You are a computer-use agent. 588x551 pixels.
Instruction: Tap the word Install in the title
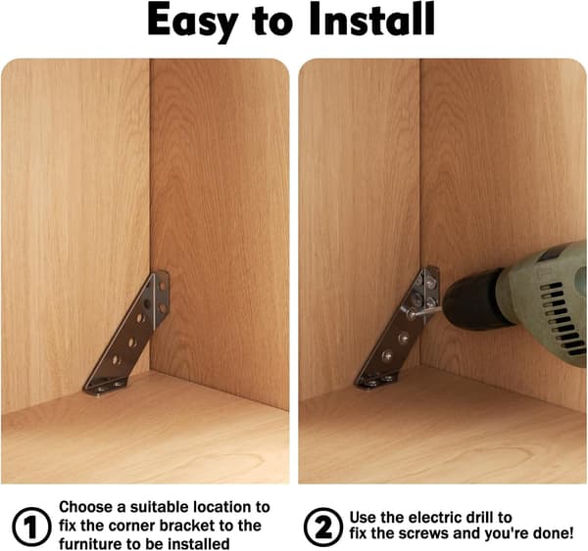pyautogui.click(x=372, y=19)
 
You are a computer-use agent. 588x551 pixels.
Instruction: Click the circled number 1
pyautogui.click(x=31, y=528)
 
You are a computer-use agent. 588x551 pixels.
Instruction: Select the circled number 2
pyautogui.click(x=322, y=528)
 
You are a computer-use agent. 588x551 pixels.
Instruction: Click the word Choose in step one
pyautogui.click(x=86, y=507)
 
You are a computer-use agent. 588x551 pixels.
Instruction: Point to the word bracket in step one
pyautogui.click(x=187, y=526)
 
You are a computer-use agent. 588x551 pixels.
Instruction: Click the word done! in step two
pyautogui.click(x=550, y=533)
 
